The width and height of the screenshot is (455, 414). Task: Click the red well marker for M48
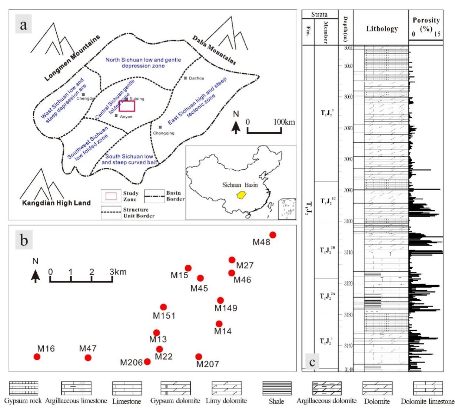pyautogui.click(x=273, y=235)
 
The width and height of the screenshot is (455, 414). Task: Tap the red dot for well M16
pyautogui.click(x=37, y=357)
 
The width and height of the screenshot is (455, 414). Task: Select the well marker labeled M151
pyautogui.click(x=163, y=307)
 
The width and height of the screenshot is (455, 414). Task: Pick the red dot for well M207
pyautogui.click(x=199, y=357)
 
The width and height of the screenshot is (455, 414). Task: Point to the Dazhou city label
pyautogui.click(x=196, y=78)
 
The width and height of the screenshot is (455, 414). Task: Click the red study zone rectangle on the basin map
pyautogui.click(x=127, y=106)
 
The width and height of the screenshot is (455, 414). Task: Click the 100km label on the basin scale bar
pyautogui.click(x=285, y=122)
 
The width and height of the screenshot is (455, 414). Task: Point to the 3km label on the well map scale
pyautogui.click(x=118, y=272)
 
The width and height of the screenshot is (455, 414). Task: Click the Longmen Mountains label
pyautogui.click(x=73, y=58)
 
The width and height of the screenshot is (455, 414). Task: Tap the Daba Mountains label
pyautogui.click(x=214, y=50)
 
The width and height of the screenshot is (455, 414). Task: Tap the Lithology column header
pyautogui.click(x=382, y=29)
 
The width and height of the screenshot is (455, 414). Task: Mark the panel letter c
pyautogui.click(x=312, y=362)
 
